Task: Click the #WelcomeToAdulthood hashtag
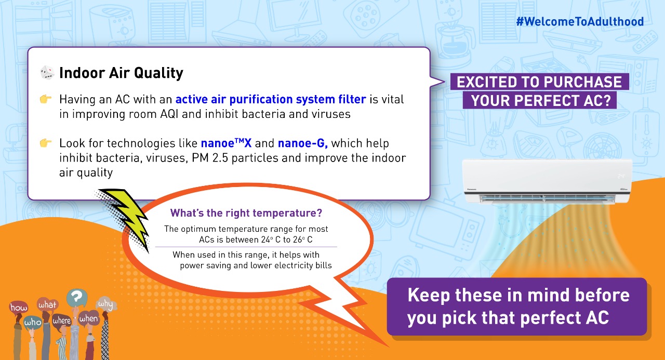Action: (580, 22)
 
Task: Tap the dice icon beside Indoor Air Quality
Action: (47, 73)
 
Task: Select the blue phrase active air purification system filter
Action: (271, 99)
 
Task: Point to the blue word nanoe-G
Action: (302, 143)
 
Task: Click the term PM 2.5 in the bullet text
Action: (209, 158)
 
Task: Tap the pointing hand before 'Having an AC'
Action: (46, 99)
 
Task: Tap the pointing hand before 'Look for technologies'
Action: (46, 143)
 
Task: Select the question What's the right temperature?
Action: (246, 213)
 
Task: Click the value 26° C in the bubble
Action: (303, 240)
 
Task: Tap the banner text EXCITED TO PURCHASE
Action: (539, 82)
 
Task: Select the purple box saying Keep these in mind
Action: (517, 306)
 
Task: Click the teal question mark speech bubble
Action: (77, 297)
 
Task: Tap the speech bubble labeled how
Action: (19, 308)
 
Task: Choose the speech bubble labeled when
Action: (88, 319)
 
